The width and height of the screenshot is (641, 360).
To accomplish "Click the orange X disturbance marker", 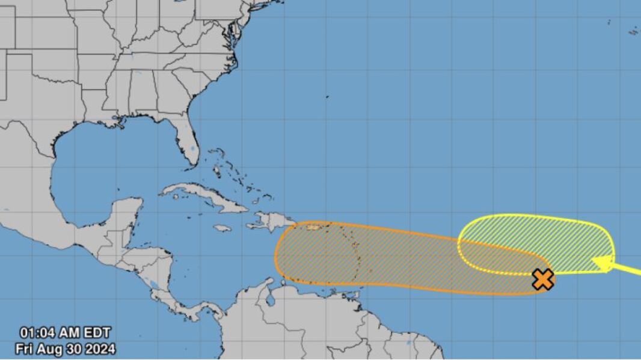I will [x=543, y=279].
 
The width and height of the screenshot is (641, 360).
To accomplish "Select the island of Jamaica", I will [x=222, y=228].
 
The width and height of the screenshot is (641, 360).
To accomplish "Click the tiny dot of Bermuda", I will [x=328, y=96].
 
